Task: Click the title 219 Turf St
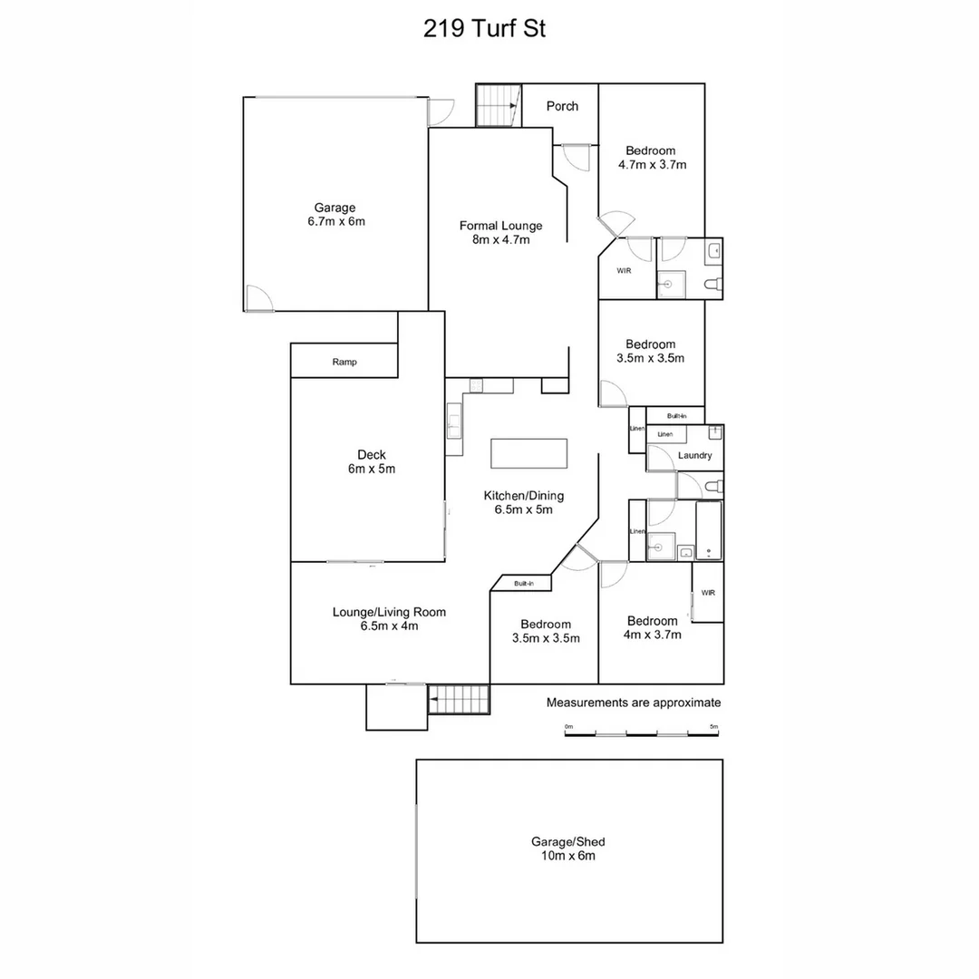(x=484, y=29)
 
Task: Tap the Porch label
(x=562, y=106)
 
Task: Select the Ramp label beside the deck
(x=344, y=362)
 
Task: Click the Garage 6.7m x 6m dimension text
(x=335, y=221)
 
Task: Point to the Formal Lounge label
(x=500, y=226)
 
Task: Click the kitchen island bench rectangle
(x=529, y=453)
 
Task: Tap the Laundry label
(x=694, y=456)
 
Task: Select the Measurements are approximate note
(x=633, y=703)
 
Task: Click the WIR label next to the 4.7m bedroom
(x=624, y=271)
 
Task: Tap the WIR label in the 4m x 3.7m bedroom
(x=708, y=593)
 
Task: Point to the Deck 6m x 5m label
(x=372, y=462)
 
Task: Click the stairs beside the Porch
(x=498, y=105)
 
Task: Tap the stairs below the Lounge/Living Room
(x=459, y=700)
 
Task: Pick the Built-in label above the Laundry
(x=676, y=415)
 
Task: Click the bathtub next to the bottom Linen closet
(x=709, y=530)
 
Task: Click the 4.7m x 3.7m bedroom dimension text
(x=652, y=165)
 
